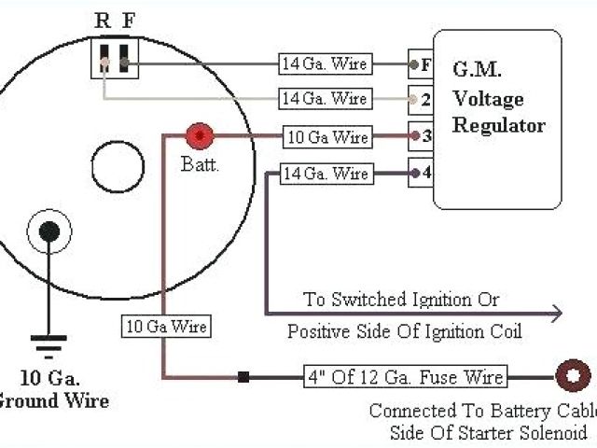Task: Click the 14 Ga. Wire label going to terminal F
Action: click(325, 64)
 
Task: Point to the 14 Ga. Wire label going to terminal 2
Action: click(325, 98)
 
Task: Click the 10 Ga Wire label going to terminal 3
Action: click(326, 137)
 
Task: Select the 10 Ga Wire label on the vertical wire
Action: click(164, 327)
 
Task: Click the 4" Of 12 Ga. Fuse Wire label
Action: click(405, 377)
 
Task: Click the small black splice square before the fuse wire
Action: click(243, 377)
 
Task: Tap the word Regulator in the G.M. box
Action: click(498, 125)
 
